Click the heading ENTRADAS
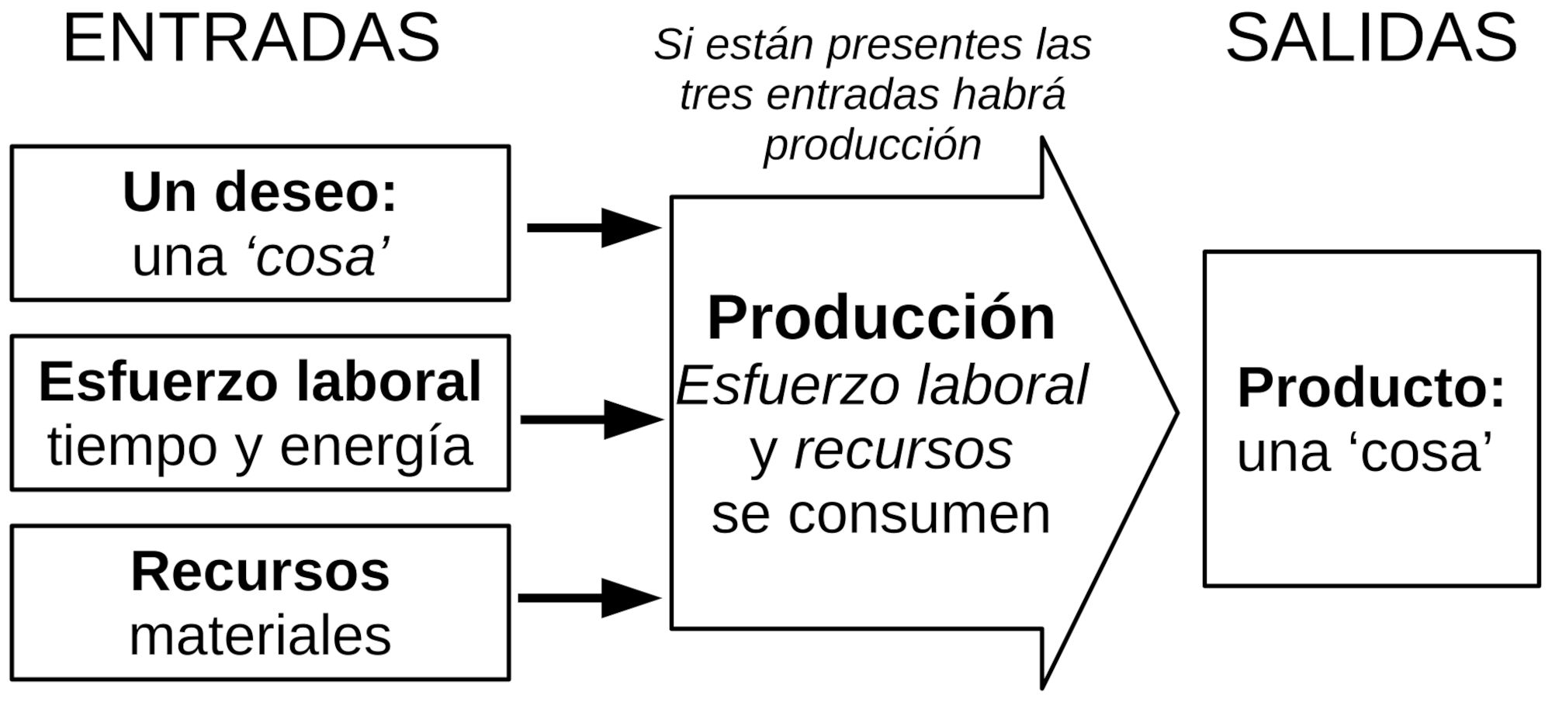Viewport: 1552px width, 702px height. click(251, 39)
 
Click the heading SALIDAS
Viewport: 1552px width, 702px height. click(1370, 39)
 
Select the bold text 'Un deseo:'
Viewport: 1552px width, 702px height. click(260, 192)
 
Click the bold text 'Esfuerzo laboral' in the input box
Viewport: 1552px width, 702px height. click(260, 382)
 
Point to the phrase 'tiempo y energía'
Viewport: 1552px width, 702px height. click(260, 447)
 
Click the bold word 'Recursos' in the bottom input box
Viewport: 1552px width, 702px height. click(260, 572)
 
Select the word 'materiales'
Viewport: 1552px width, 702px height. click(260, 636)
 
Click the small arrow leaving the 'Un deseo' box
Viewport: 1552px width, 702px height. click(594, 228)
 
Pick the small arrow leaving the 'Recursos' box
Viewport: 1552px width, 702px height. click(590, 598)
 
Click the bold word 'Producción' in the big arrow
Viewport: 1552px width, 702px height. click(881, 318)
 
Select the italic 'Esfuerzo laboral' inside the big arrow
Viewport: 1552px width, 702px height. click(882, 386)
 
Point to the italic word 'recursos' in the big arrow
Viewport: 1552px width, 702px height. click(903, 450)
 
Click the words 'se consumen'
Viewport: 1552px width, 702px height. click(881, 514)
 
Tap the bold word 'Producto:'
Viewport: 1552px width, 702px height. click(1370, 387)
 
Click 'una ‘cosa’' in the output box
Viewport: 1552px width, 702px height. click(1364, 452)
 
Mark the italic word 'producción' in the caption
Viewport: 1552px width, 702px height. click(872, 145)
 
